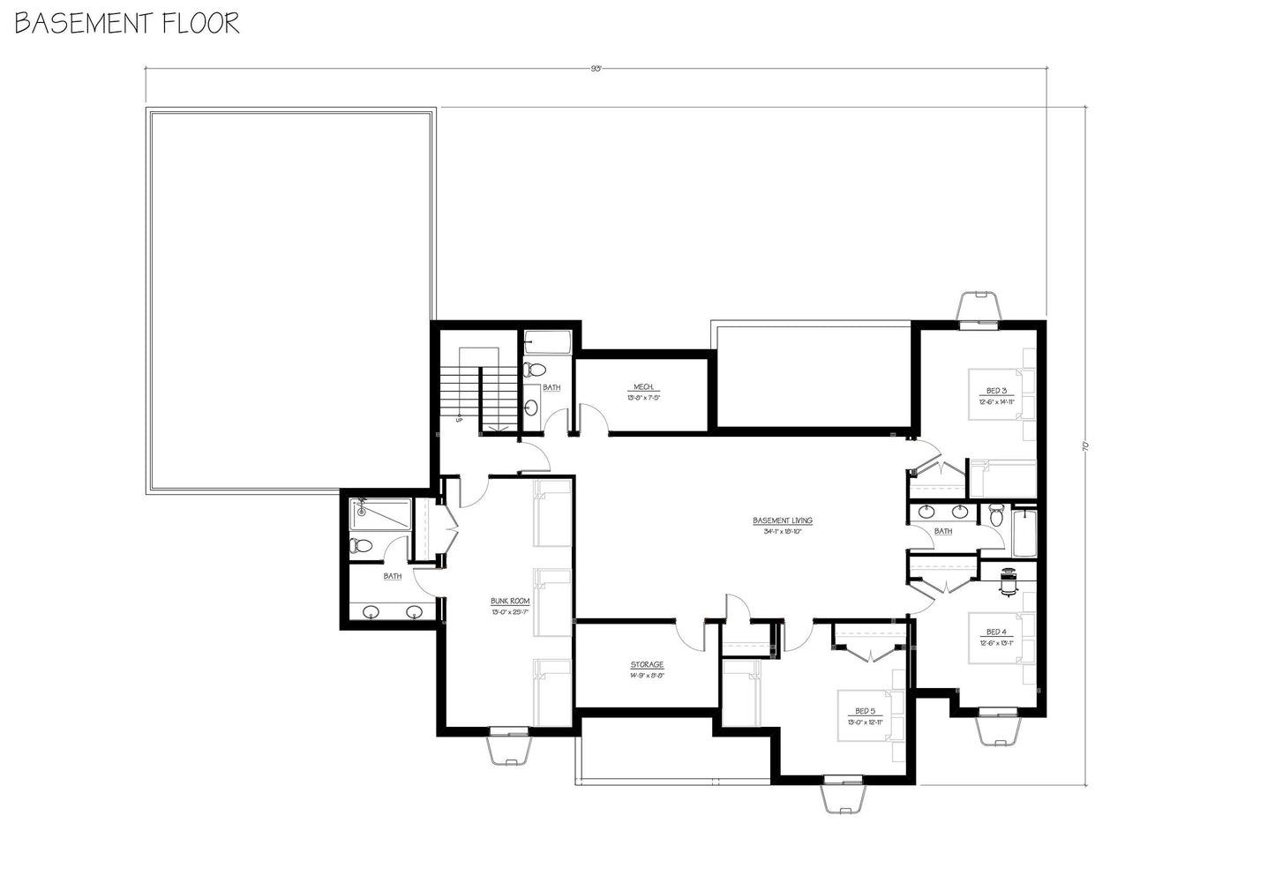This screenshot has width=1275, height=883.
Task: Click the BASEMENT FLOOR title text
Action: [x=127, y=24]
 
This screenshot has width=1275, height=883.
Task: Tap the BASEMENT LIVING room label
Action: [x=782, y=520]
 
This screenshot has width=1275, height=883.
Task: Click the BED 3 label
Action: [x=996, y=390]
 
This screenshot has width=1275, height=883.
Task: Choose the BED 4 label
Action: [x=996, y=632]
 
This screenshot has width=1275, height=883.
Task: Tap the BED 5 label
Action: [x=865, y=711]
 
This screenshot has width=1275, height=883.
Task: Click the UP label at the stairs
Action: [x=459, y=420]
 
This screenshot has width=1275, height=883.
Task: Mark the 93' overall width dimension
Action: [x=596, y=68]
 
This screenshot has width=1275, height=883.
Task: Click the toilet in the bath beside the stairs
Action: [x=535, y=370]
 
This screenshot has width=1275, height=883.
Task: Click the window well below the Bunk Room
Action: [x=509, y=746]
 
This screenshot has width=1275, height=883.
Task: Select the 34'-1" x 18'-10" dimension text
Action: [x=782, y=532]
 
